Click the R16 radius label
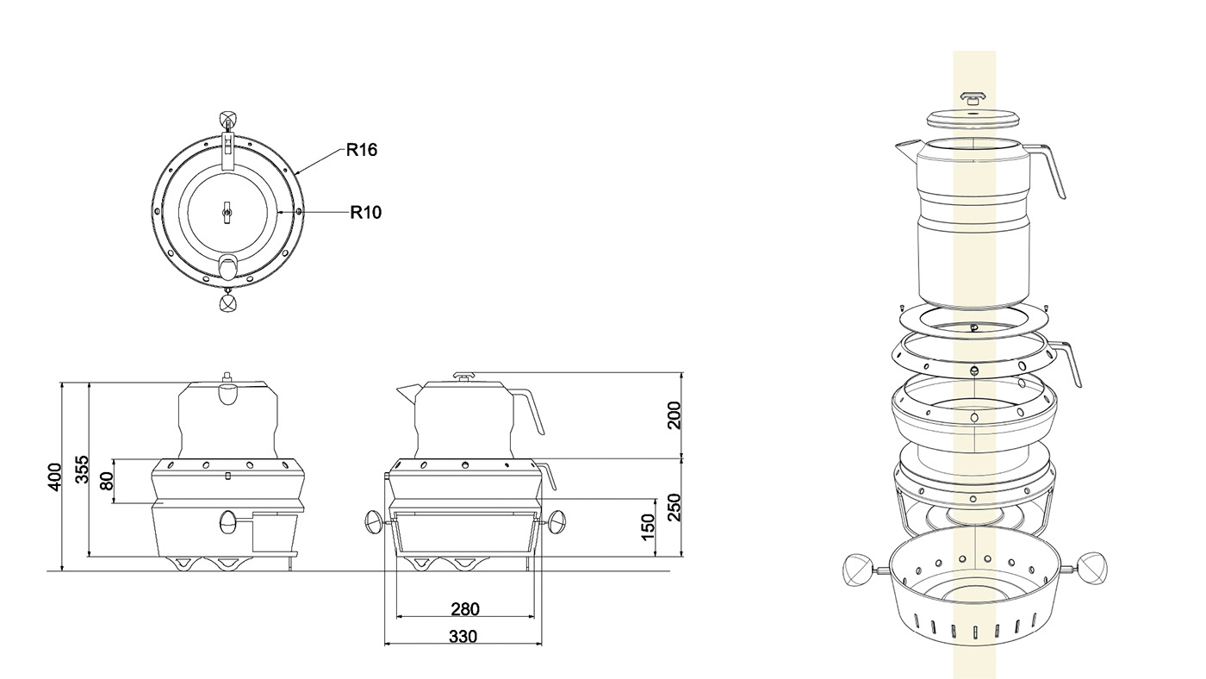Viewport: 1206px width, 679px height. pyautogui.click(x=361, y=150)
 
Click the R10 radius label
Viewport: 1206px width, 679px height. pyautogui.click(x=365, y=212)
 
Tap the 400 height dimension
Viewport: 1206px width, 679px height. pyautogui.click(x=55, y=477)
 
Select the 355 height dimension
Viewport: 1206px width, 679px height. pyautogui.click(x=82, y=470)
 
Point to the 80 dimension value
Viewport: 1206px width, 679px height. pyautogui.click(x=107, y=481)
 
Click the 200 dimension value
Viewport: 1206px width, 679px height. pyautogui.click(x=674, y=415)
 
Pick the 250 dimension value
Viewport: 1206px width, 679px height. pyautogui.click(x=674, y=508)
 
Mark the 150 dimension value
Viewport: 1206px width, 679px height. pyautogui.click(x=648, y=527)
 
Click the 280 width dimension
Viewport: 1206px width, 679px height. pyautogui.click(x=464, y=609)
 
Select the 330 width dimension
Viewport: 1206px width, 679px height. pyautogui.click(x=463, y=637)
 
